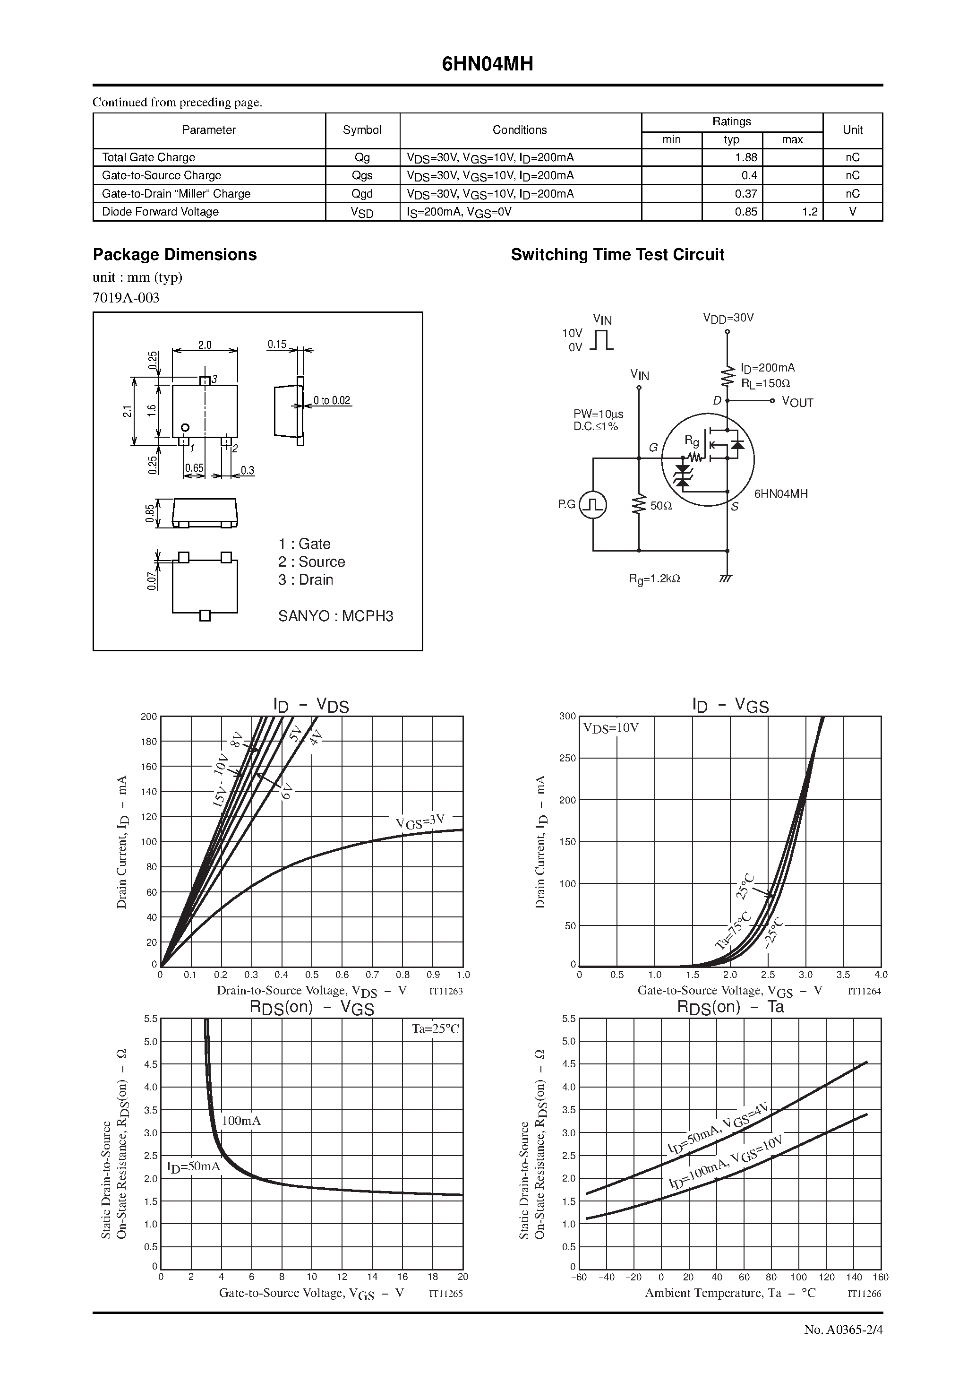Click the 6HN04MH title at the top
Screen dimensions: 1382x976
(x=488, y=64)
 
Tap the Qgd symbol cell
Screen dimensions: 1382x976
(x=362, y=194)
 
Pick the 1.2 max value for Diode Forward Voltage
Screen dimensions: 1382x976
(x=809, y=212)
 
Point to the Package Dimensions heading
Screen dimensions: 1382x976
(x=174, y=255)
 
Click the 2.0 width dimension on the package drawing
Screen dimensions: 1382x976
(x=205, y=345)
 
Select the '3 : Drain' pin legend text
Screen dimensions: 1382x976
(x=306, y=579)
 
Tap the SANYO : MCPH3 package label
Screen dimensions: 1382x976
(x=336, y=616)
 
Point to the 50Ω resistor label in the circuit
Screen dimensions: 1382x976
(x=661, y=506)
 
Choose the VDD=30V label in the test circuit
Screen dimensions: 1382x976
(x=728, y=318)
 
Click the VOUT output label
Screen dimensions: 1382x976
(x=797, y=402)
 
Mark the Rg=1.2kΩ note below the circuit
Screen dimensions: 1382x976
(x=655, y=579)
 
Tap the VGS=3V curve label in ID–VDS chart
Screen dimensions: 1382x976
(x=420, y=821)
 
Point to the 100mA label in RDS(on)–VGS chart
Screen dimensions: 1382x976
(x=241, y=1121)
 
